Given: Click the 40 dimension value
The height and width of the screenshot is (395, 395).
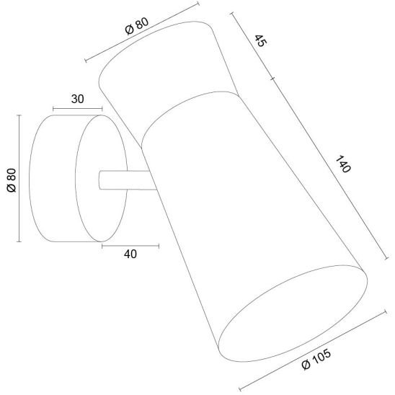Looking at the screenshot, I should coord(130,254).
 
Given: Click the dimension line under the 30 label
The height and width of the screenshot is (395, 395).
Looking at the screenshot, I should coord(78,111).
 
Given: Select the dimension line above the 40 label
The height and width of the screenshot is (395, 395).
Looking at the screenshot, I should coord(128,245).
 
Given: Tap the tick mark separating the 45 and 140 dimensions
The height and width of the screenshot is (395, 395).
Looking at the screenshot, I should coord(272,78).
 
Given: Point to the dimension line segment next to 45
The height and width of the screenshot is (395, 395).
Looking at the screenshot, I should coord(252,48).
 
